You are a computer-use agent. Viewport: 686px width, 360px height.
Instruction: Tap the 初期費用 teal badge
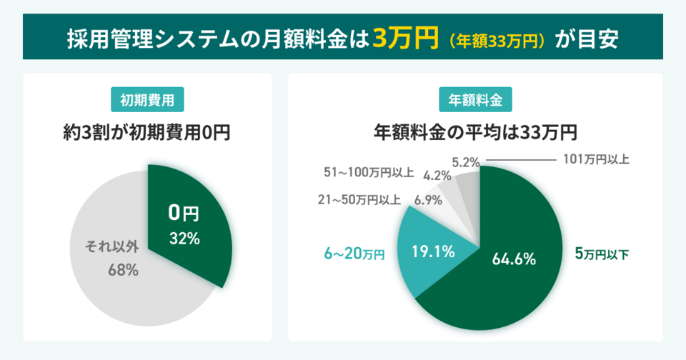pos(147,101)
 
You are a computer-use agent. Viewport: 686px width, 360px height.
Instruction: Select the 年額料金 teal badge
pos(475,101)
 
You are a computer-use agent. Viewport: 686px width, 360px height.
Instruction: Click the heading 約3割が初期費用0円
pos(147,133)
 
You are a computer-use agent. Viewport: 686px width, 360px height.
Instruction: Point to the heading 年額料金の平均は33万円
pos(475,133)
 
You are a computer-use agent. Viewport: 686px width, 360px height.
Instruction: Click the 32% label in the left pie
pos(184,239)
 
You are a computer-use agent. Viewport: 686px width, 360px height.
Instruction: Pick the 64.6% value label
pos(514,259)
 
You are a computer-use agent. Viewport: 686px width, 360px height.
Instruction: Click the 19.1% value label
pos(433,251)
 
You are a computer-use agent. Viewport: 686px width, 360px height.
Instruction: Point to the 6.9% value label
pos(428,200)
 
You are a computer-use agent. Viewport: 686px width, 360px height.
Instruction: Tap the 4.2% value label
pos(437,175)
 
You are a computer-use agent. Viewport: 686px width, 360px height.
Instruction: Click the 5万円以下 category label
pos(602,253)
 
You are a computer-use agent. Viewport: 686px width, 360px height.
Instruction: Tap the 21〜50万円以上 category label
pos(359,200)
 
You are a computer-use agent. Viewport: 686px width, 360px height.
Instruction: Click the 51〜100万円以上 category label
pos(369,172)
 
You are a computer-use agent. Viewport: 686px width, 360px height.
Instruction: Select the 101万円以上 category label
pos(596,159)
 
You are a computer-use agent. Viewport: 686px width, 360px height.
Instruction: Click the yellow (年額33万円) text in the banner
pos(493,39)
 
